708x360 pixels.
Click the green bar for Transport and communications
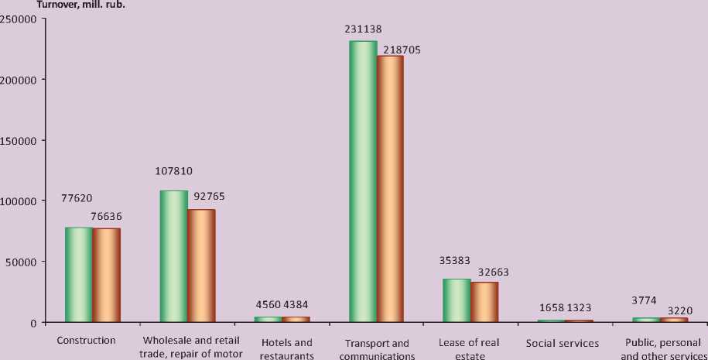click(x=363, y=182)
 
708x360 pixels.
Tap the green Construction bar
click(x=78, y=275)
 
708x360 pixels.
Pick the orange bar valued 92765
click(x=201, y=266)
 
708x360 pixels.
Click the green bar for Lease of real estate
click(x=457, y=300)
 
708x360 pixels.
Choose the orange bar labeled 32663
click(x=484, y=302)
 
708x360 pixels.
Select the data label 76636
click(x=106, y=216)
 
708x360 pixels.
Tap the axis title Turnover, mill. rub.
click(x=81, y=4)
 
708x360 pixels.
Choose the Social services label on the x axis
click(x=562, y=343)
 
